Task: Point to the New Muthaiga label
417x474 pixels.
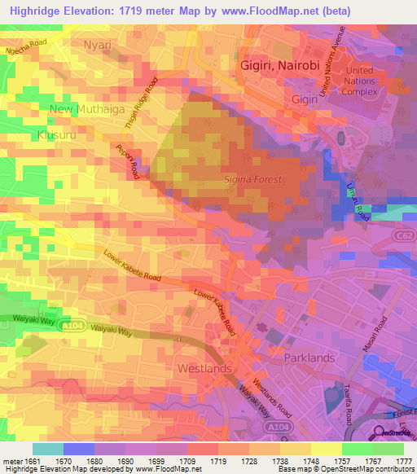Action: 83,108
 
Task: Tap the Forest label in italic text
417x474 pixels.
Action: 253,179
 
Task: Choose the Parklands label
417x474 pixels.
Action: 309,358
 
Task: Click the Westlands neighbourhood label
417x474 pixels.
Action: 204,368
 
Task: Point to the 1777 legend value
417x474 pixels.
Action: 404,460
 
